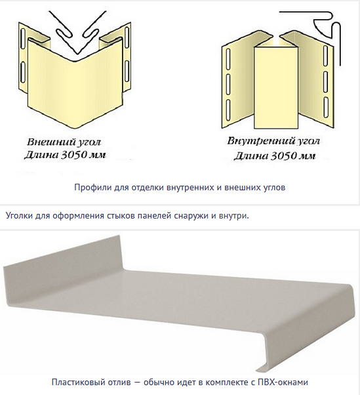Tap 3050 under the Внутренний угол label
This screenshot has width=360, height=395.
[284, 156]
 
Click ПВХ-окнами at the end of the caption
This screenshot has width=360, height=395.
[283, 382]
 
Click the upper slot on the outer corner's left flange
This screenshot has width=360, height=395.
[24, 37]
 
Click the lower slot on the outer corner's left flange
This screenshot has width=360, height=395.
[23, 72]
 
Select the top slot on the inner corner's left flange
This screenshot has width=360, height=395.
[228, 58]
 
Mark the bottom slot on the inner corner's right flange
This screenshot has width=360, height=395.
[326, 108]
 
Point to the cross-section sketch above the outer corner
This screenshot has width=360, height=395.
[78, 32]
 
